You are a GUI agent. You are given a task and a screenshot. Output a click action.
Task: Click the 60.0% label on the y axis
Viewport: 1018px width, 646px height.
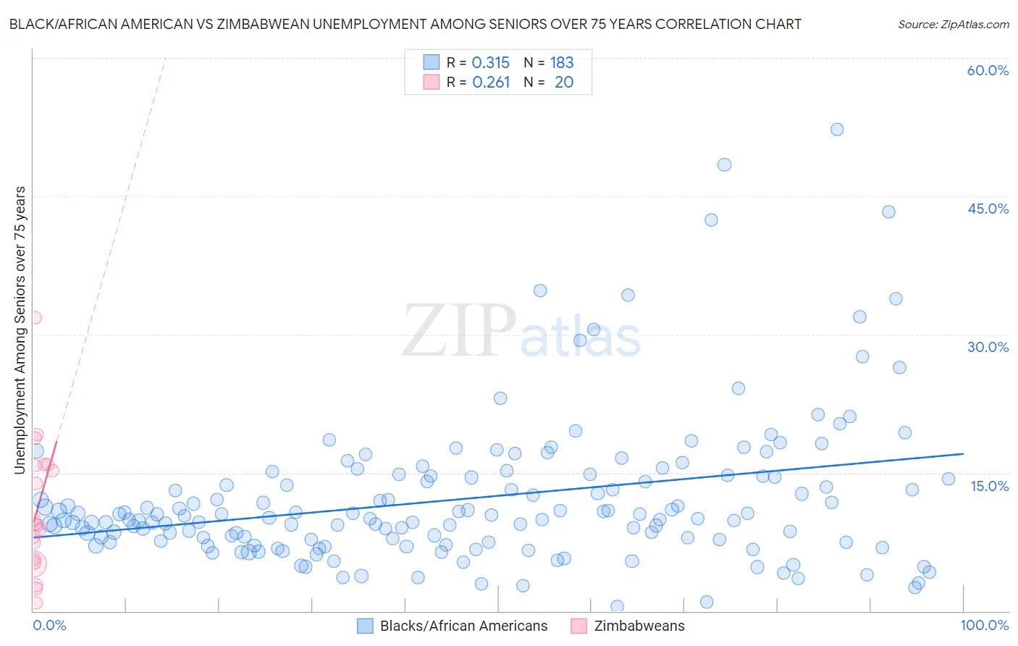click(988, 70)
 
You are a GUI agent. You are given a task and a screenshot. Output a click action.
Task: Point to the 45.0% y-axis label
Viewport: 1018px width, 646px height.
click(988, 209)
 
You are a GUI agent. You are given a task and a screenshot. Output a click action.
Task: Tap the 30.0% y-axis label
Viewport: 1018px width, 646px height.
click(988, 347)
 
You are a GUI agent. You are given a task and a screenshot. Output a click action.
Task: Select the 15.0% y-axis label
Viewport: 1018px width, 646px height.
click(989, 486)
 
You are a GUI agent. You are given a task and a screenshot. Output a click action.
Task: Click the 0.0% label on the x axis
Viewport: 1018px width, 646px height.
click(49, 625)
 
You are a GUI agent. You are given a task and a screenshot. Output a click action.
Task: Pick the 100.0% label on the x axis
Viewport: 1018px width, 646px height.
click(984, 625)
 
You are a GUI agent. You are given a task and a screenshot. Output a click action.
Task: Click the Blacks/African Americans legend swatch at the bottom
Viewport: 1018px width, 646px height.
click(365, 626)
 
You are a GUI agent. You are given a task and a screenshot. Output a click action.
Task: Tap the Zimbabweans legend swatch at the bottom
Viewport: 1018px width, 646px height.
click(579, 626)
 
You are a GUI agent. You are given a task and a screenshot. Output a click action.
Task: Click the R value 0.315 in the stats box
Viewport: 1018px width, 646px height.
click(490, 62)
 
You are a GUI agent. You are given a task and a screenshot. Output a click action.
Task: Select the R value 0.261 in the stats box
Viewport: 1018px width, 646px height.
click(490, 83)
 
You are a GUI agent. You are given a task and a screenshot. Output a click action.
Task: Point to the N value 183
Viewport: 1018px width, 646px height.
click(562, 62)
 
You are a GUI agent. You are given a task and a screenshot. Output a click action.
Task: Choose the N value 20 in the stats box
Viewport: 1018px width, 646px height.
click(563, 83)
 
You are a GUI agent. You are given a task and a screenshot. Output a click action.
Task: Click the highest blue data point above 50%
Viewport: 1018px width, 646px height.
click(837, 130)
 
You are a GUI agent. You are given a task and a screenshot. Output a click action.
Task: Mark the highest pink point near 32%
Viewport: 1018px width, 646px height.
click(34, 317)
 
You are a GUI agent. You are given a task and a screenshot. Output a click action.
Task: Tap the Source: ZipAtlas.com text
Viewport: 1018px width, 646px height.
click(953, 24)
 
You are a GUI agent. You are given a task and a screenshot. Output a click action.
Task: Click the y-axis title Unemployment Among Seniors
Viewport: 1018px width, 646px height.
click(20, 330)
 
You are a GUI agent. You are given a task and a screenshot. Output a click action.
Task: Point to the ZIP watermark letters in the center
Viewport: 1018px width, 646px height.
click(459, 331)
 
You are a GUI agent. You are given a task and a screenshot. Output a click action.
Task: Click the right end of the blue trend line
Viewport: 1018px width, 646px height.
click(963, 453)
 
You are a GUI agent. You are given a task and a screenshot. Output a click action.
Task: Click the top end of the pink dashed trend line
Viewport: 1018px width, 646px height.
click(165, 57)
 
